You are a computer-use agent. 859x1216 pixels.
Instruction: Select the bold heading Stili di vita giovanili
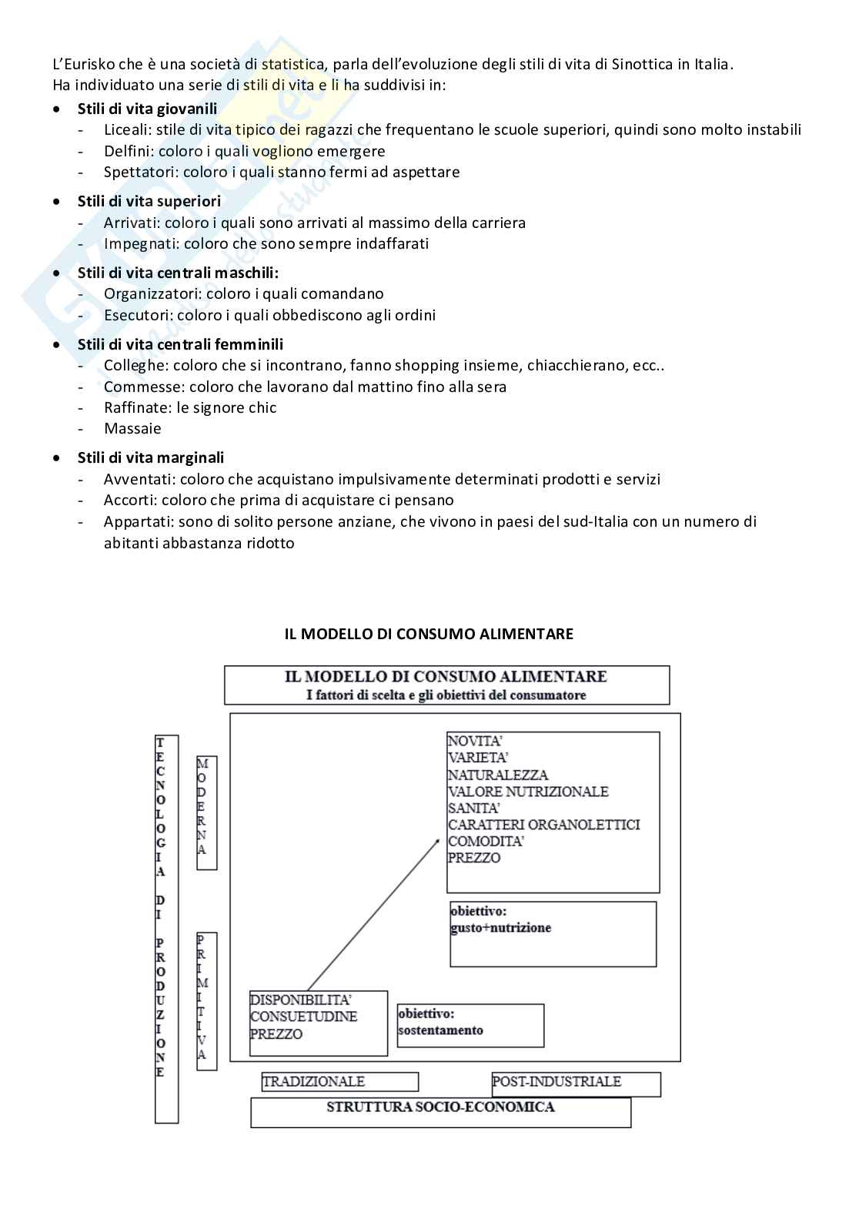click(x=147, y=109)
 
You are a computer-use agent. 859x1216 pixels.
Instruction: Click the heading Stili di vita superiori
click(x=149, y=201)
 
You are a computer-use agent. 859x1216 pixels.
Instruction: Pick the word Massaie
click(x=132, y=428)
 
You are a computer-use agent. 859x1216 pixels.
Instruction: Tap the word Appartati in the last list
click(x=137, y=521)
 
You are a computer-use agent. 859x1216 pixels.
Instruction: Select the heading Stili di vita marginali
click(x=151, y=457)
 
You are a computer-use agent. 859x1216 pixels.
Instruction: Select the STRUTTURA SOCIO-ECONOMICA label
click(x=440, y=1107)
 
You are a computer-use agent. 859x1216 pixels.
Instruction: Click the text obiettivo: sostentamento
click(x=440, y=1022)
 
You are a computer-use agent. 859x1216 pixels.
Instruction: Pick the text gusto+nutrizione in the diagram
click(x=500, y=928)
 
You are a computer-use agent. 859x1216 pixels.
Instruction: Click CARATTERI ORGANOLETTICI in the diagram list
click(x=543, y=825)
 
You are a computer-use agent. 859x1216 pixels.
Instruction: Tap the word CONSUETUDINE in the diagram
click(x=303, y=1017)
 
